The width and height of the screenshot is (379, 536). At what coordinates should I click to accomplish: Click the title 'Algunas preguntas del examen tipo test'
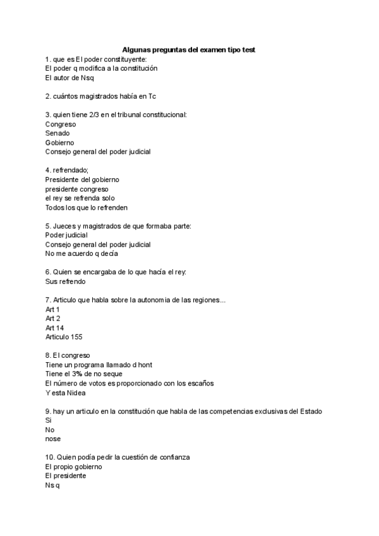[x=189, y=49]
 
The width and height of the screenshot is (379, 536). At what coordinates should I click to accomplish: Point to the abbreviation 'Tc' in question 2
[x=152, y=96]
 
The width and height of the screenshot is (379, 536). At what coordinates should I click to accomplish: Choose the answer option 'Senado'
[x=57, y=133]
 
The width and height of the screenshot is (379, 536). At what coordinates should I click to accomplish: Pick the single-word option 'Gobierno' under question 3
[x=59, y=142]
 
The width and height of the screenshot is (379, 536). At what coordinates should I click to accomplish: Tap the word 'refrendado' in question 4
[x=70, y=170]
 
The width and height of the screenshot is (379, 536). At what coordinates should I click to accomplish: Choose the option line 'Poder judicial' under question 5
[x=66, y=235]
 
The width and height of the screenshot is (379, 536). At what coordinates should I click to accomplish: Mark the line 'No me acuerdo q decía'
[x=81, y=253]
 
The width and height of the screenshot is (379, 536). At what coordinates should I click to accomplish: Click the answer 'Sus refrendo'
[x=65, y=281]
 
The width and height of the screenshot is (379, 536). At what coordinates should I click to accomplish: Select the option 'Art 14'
[x=54, y=328]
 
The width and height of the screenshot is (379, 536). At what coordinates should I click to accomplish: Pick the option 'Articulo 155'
[x=63, y=337]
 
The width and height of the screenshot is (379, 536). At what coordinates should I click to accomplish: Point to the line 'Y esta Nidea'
[x=65, y=393]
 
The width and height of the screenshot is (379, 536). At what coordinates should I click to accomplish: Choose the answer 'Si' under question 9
[x=48, y=420]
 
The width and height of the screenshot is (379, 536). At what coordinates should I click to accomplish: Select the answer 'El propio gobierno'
[x=73, y=466]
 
